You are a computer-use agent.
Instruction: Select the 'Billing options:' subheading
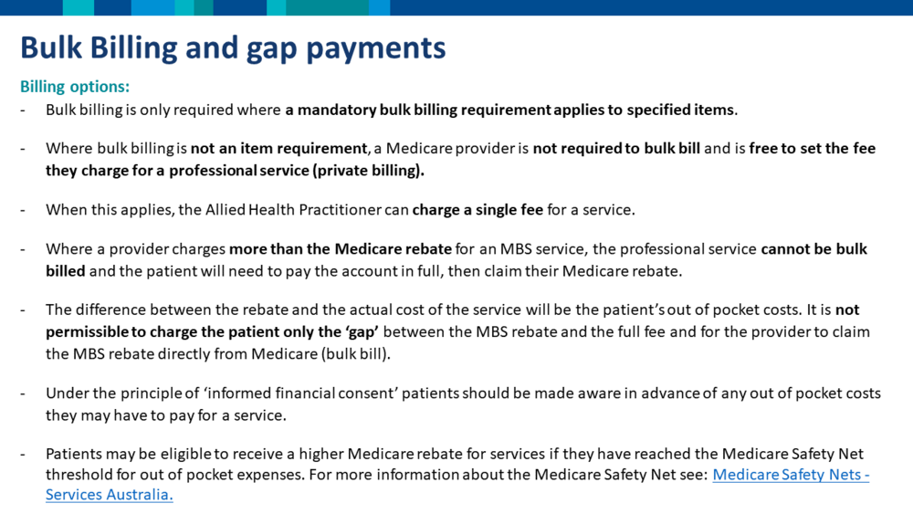[75, 87]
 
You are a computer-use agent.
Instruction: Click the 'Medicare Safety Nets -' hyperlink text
[791, 475]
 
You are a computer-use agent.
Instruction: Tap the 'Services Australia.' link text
[110, 495]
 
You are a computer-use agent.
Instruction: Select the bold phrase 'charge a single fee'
[477, 210]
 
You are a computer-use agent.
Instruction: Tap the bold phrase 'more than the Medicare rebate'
[340, 249]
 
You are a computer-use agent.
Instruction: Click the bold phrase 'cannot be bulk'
[814, 249]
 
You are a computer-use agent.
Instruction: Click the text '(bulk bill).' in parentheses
[356, 354]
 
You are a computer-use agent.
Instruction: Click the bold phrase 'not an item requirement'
[278, 149]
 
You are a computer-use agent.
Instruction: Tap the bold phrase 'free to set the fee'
[813, 149]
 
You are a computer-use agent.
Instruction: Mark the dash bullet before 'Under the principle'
[23, 394]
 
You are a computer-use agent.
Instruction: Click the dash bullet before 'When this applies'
[23, 210]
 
